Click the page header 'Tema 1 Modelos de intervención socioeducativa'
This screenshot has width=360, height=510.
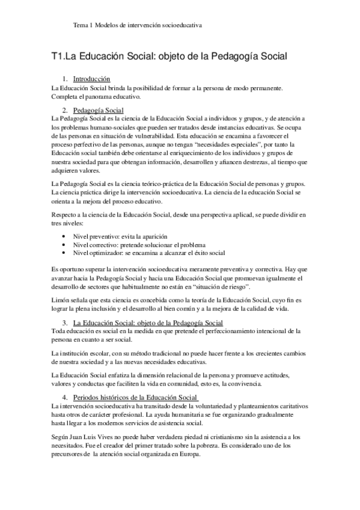[x=137, y=26]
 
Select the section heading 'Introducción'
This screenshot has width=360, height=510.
[x=91, y=79]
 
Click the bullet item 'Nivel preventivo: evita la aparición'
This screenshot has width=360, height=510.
[x=120, y=236]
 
